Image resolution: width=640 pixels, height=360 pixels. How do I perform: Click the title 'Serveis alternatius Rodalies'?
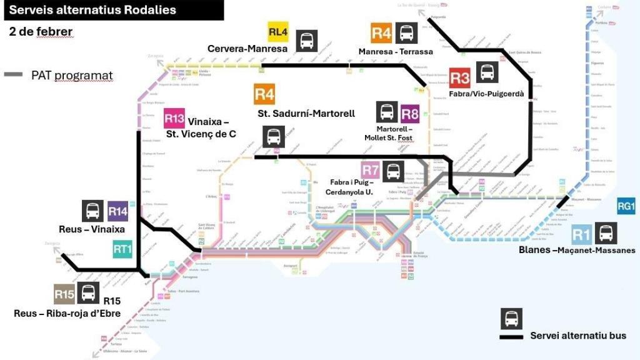(x=92, y=10)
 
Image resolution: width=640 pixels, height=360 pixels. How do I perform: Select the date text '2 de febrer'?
(x=41, y=31)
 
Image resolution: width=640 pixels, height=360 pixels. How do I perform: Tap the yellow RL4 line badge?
(x=278, y=32)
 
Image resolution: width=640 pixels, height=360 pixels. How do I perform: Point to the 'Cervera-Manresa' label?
(x=247, y=49)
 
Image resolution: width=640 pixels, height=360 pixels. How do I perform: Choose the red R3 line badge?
(x=459, y=78)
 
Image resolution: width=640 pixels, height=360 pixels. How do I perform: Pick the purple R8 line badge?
(x=410, y=114)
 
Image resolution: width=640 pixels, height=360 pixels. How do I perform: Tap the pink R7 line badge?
(x=370, y=170)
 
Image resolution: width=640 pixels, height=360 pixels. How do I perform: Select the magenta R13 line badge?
(x=174, y=118)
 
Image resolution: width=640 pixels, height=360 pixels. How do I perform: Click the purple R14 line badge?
(x=118, y=212)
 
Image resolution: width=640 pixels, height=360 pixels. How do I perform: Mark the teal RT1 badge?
(x=122, y=249)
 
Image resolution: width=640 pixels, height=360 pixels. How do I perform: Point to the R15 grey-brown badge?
(x=64, y=294)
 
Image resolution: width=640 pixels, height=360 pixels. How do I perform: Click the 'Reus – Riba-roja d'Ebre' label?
(x=67, y=314)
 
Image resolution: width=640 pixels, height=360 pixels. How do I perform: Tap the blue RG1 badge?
(x=626, y=206)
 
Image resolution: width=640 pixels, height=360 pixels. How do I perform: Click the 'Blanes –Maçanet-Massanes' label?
(x=577, y=250)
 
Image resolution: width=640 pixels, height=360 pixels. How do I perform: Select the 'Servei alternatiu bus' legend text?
(x=578, y=336)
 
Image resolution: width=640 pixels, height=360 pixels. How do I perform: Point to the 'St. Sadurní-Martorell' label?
(x=306, y=113)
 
